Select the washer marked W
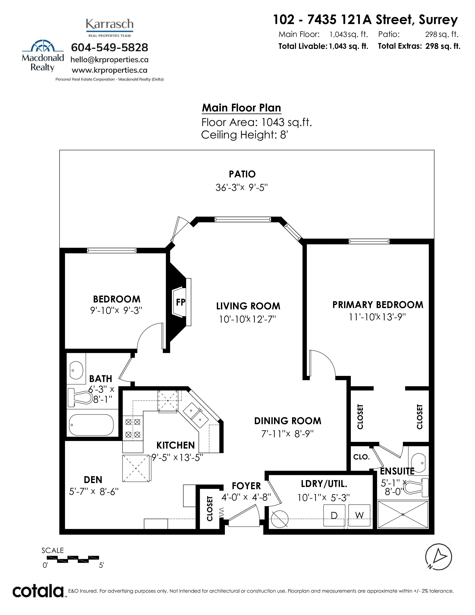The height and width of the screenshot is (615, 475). [x=359, y=515]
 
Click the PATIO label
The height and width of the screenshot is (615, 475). [x=242, y=174]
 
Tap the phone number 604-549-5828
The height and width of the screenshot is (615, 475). [x=110, y=48]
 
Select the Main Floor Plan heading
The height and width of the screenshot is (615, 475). [x=241, y=108]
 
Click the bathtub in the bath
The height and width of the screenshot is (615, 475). [x=91, y=425]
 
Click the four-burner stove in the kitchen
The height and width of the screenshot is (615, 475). [x=133, y=428]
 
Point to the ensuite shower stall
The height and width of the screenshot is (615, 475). [x=403, y=515]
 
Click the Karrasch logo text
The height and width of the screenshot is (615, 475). [x=110, y=24]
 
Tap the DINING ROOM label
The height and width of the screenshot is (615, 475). [x=288, y=421]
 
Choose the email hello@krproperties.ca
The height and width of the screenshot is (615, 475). [x=110, y=60]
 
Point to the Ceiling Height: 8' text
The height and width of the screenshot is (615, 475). [x=244, y=135]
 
